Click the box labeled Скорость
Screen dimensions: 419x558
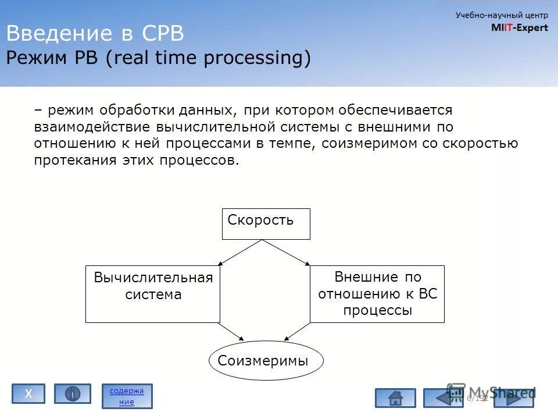pyautogui.click(x=266, y=223)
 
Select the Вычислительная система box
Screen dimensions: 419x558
pyautogui.click(x=153, y=294)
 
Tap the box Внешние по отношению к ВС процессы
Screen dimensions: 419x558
pyautogui.click(x=377, y=294)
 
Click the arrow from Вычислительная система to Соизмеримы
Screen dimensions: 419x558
pyautogui.click(x=231, y=331)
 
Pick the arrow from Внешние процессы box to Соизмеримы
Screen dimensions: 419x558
pyautogui.click(x=297, y=331)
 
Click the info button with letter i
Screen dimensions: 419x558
pyautogui.click(x=73, y=394)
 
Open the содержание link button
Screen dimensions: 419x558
pyautogui.click(x=127, y=396)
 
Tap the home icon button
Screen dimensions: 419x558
pyautogui.click(x=395, y=398)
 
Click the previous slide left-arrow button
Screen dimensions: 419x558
pyautogui.click(x=443, y=398)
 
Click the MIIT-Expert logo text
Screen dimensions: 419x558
pyautogui.click(x=519, y=27)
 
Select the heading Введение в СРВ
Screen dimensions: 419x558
pyautogui.click(x=95, y=34)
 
